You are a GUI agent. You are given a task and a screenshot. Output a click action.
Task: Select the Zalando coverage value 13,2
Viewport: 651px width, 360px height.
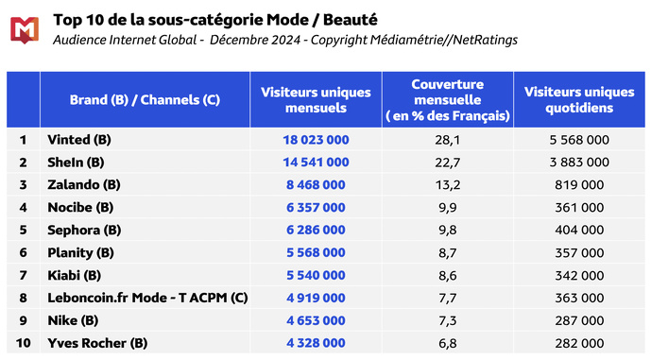click(448, 184)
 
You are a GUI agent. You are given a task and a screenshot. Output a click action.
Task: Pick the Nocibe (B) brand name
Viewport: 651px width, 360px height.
click(80, 207)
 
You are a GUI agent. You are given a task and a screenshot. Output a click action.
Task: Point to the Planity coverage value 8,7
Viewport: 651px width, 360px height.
click(448, 252)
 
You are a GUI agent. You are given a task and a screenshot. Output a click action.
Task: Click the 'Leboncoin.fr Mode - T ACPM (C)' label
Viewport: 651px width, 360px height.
click(147, 298)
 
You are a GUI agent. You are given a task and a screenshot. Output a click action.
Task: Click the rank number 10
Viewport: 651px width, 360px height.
click(23, 343)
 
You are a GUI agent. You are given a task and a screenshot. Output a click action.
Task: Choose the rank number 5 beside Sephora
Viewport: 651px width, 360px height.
click(23, 230)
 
